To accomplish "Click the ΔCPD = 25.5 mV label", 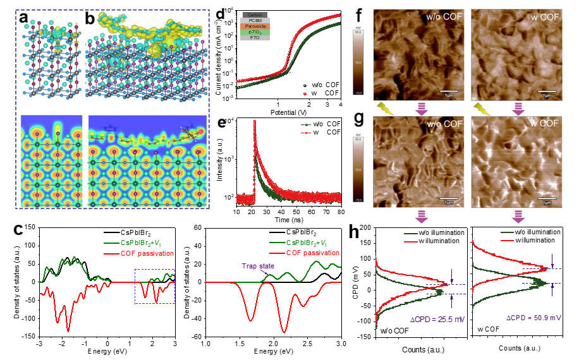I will point(436,318).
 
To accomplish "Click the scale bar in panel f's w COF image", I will point(545,91).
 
